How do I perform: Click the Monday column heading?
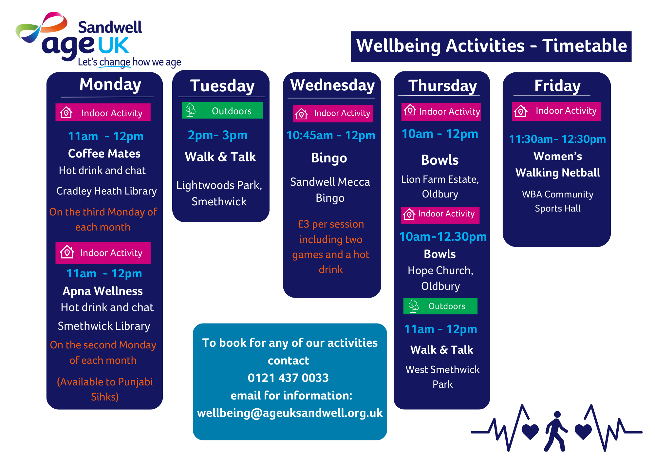(x=110, y=84)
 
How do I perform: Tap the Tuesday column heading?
(x=222, y=86)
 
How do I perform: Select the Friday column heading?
(x=557, y=86)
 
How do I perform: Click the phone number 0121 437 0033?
(x=288, y=378)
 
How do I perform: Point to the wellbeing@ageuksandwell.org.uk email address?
(x=290, y=413)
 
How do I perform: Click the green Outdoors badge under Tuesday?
(x=222, y=111)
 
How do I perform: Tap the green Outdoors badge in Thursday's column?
(x=440, y=306)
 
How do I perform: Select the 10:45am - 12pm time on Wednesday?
(x=331, y=135)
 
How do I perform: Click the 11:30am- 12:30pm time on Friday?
(x=557, y=139)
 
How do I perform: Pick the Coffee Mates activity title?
(x=104, y=154)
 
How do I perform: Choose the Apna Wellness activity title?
(x=103, y=291)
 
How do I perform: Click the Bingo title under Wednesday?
(x=329, y=158)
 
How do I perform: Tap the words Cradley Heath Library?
(x=106, y=191)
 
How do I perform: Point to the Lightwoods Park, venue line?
(x=219, y=185)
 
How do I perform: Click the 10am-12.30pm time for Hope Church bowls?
(x=443, y=237)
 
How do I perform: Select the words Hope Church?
(x=440, y=270)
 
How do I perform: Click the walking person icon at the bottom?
(x=556, y=431)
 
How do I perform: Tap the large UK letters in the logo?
(x=113, y=46)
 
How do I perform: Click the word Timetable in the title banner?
(x=585, y=46)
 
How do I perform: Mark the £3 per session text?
(x=331, y=224)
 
